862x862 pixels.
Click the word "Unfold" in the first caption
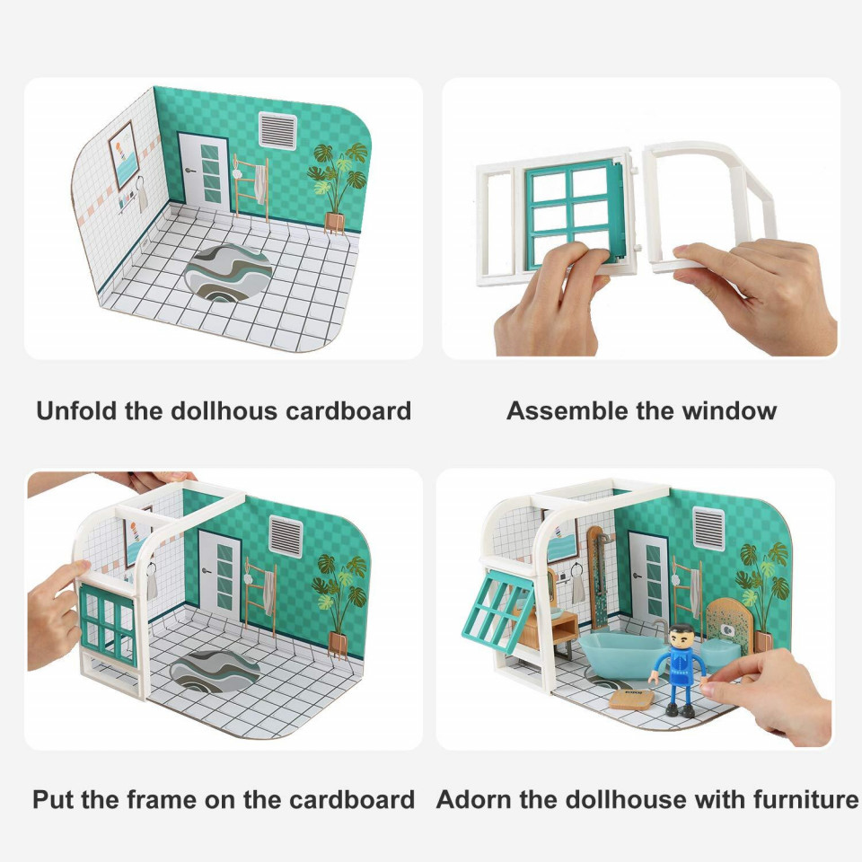click(x=77, y=410)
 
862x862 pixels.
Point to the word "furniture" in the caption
click(x=805, y=799)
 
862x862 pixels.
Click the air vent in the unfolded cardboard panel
click(x=277, y=131)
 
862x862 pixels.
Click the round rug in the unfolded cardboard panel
click(x=228, y=273)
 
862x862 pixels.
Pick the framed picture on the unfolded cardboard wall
click(x=123, y=155)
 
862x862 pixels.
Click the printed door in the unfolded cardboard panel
click(x=204, y=172)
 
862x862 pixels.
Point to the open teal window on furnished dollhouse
click(x=497, y=611)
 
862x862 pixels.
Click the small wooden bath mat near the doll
click(x=631, y=699)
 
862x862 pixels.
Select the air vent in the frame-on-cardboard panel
click(x=286, y=536)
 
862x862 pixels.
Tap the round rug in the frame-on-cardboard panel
click(x=215, y=671)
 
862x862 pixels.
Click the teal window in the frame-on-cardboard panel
click(x=108, y=626)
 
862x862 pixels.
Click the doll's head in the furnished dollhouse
click(x=680, y=636)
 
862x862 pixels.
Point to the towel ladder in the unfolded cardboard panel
click(x=251, y=187)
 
